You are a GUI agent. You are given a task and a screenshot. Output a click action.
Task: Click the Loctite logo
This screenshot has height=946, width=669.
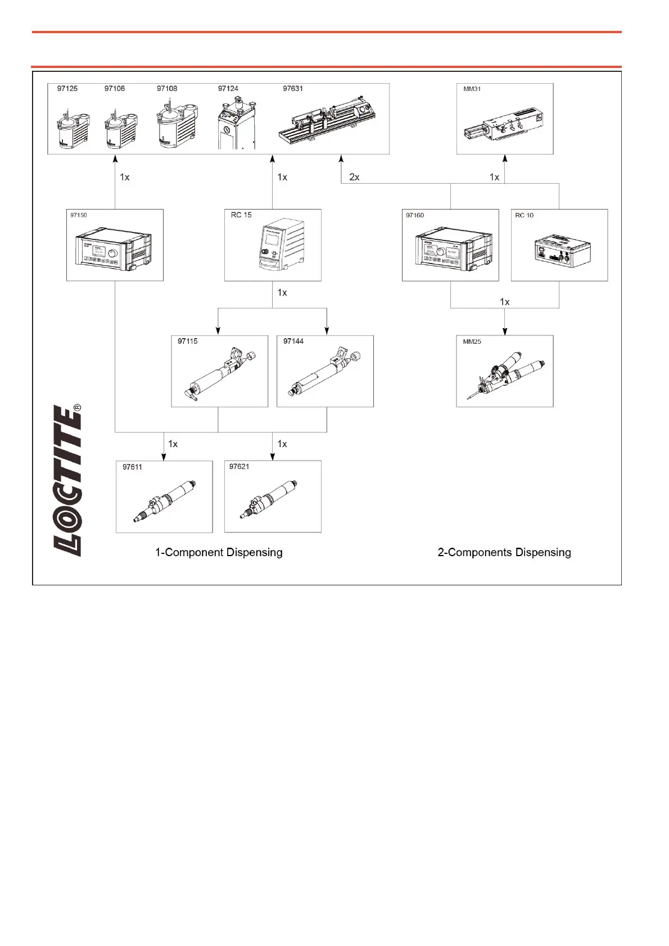tap(67, 480)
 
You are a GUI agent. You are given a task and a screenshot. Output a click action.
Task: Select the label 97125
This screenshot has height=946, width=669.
tap(67, 89)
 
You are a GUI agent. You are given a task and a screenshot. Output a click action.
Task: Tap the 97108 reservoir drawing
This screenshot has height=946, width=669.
tap(176, 125)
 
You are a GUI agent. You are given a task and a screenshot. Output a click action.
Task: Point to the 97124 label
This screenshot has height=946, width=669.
tap(228, 89)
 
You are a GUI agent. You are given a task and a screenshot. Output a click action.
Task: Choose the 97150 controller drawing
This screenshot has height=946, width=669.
tap(114, 249)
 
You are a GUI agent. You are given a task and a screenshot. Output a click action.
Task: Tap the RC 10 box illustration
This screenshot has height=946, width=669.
tap(561, 251)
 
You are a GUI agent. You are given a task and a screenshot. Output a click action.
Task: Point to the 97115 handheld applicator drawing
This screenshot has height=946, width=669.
tap(220, 374)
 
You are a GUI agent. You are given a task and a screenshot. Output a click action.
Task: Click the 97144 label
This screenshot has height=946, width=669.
tap(293, 342)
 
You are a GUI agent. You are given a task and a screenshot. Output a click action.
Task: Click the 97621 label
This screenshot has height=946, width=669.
tap(239, 467)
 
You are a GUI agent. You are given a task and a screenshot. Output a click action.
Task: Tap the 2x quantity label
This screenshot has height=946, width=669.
tap(354, 177)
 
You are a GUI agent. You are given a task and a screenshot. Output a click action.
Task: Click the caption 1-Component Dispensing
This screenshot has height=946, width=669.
tap(219, 552)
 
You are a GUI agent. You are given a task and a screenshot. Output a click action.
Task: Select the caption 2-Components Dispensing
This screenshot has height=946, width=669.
tap(504, 552)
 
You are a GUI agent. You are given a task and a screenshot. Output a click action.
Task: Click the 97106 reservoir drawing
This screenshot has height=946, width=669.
tap(120, 129)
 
